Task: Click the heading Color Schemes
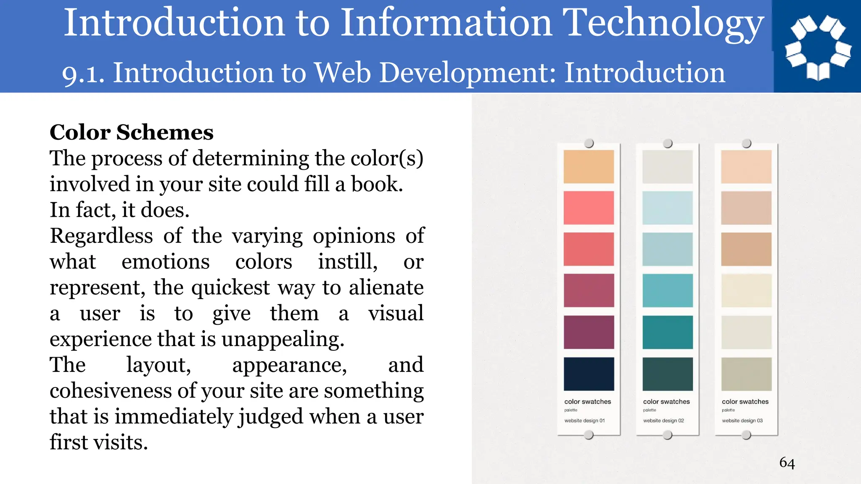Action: click(132, 132)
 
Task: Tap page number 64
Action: click(787, 463)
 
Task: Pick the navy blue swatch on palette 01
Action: click(589, 374)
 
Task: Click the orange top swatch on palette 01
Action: click(589, 166)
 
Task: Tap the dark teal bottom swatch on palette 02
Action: click(667, 374)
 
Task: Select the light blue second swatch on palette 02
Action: click(667, 208)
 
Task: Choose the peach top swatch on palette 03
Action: click(746, 166)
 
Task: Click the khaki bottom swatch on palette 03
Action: click(746, 374)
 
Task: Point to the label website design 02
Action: click(663, 421)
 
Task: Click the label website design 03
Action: click(742, 421)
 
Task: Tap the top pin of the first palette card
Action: click(589, 143)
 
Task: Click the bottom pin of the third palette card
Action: click(746, 435)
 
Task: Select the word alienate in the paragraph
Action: click(386, 288)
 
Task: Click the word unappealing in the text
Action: click(283, 339)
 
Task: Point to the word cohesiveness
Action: click(111, 391)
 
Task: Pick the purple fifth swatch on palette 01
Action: click(589, 332)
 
